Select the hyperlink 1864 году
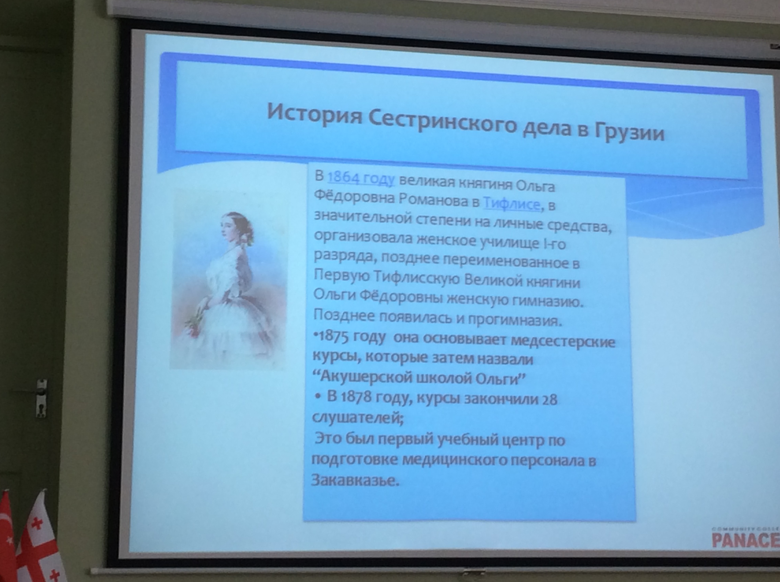361,178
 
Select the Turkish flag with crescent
7,537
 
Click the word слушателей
357,418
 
